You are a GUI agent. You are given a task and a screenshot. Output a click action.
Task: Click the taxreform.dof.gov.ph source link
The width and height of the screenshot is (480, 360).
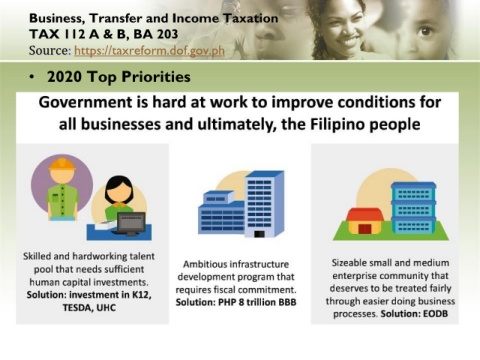point(149,51)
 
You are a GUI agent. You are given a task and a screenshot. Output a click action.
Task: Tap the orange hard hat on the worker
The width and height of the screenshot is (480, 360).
point(62,164)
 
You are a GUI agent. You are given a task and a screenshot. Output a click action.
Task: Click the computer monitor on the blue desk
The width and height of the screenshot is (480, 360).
point(131,223)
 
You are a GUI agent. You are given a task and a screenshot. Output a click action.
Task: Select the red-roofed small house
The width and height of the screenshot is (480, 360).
point(365,221)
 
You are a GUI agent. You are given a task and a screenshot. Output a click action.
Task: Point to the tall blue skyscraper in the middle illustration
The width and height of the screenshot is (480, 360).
point(265,203)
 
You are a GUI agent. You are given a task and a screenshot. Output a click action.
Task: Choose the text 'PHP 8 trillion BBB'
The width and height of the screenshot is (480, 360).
point(257,302)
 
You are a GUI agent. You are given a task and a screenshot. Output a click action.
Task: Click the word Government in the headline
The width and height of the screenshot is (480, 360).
point(85,102)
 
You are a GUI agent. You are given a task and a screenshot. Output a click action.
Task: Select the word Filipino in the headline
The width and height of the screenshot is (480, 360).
point(338,124)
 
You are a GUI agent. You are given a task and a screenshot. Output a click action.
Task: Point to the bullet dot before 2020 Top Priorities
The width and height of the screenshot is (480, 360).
point(32,77)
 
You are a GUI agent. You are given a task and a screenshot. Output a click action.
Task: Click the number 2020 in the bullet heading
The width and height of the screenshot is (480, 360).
point(64,77)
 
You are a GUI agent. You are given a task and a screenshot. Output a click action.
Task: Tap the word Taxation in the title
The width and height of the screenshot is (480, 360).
point(250,18)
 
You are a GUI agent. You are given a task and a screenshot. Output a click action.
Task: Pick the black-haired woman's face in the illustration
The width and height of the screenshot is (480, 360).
point(119,191)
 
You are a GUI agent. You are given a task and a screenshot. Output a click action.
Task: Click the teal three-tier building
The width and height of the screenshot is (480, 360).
point(413,207)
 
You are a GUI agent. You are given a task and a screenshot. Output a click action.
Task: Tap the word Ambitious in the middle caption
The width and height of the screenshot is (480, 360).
point(202,264)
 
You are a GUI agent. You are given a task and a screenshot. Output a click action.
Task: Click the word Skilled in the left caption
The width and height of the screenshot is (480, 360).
point(37,256)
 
